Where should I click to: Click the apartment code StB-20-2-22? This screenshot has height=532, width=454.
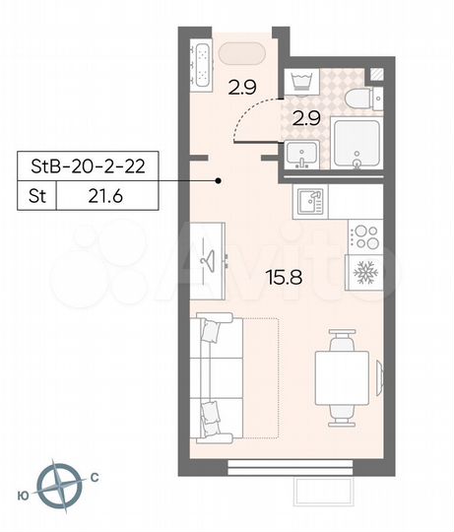coord(87,166)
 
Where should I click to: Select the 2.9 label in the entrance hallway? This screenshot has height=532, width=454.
coord(241,87)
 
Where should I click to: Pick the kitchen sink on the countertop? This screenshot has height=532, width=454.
coord(309,203)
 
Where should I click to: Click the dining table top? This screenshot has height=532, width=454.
coord(344,377)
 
